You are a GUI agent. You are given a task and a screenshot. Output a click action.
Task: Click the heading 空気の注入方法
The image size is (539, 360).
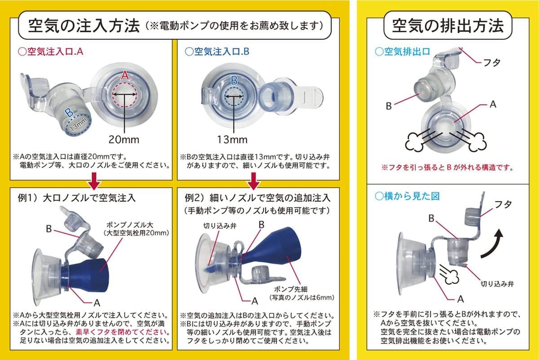(84, 26)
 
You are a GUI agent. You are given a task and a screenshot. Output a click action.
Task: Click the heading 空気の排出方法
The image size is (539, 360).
(448, 26)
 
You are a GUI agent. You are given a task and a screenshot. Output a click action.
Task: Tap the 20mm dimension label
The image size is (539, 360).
(124, 140)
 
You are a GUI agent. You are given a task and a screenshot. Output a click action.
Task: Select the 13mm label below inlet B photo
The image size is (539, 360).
(232, 140)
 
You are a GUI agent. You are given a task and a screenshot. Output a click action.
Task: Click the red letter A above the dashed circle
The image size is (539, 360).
(125, 76)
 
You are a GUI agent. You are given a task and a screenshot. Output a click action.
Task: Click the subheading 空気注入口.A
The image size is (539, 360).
(51, 52)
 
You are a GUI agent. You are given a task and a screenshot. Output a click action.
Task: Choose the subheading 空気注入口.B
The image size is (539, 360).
(217, 52)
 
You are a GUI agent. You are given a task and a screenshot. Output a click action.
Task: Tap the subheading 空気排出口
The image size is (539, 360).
(402, 52)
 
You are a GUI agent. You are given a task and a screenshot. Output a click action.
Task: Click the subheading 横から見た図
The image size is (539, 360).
(407, 196)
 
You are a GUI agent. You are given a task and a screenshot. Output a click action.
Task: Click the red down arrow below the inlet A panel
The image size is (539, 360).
(94, 181)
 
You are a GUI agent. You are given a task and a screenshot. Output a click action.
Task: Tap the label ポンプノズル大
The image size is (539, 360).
(130, 225)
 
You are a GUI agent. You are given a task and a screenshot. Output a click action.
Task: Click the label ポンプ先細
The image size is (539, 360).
(291, 289)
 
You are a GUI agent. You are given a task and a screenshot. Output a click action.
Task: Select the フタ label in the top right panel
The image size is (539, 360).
(492, 62)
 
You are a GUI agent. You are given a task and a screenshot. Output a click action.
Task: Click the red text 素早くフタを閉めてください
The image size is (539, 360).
(121, 332)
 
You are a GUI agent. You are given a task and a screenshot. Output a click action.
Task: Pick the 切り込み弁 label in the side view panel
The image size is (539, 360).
(497, 284)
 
